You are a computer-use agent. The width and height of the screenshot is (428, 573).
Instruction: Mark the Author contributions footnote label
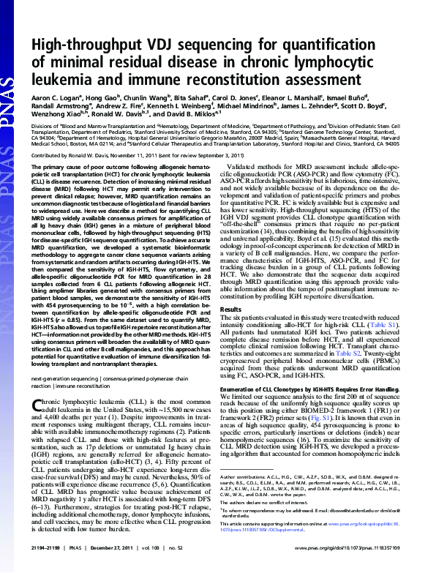coord(250,495)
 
